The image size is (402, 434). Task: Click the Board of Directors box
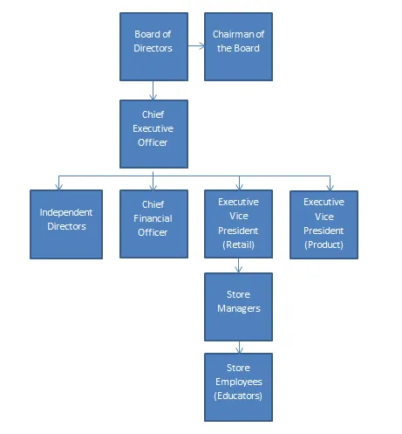(153, 46)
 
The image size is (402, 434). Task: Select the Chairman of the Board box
(238, 46)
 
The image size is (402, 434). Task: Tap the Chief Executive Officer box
(153, 134)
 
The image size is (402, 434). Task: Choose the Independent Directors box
(66, 224)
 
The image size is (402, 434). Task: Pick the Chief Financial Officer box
(153, 224)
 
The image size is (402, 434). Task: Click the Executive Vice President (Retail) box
(238, 224)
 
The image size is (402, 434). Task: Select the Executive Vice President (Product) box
(324, 224)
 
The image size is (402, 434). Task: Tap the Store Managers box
(238, 307)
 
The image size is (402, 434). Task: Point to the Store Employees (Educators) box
(238, 387)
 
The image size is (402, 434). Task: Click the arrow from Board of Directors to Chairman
(196, 45)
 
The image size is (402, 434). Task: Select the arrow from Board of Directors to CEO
(153, 91)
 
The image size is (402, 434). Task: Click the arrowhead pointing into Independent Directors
(59, 187)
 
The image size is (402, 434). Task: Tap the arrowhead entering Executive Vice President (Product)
(330, 187)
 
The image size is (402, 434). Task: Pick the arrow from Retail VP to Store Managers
(239, 265)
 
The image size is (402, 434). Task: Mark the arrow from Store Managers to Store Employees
(239, 347)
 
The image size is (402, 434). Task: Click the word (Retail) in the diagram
(238, 245)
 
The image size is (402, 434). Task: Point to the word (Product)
(324, 245)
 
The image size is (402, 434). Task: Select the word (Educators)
(238, 396)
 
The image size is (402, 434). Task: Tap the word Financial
(153, 218)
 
